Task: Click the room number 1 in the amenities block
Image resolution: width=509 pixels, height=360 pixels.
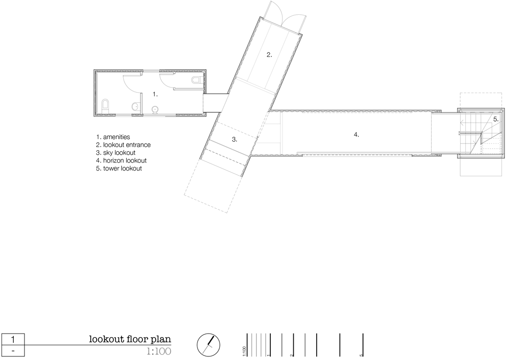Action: (x=155, y=95)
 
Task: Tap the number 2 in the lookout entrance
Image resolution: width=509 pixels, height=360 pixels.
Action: (x=269, y=55)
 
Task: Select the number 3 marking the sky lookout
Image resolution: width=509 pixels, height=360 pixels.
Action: (x=234, y=140)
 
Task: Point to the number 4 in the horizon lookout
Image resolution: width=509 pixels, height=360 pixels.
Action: (x=356, y=134)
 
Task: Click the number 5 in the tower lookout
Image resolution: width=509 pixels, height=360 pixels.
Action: (x=496, y=119)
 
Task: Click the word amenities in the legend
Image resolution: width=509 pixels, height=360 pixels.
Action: (x=117, y=137)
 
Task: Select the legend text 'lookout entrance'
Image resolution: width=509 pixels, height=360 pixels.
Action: (x=127, y=145)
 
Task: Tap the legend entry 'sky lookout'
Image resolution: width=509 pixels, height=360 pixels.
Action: (x=119, y=153)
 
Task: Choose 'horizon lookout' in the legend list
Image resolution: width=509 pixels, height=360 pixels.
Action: (x=125, y=160)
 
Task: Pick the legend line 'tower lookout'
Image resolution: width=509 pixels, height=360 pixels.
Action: (x=122, y=169)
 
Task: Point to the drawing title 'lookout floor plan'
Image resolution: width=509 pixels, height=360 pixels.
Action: (x=130, y=339)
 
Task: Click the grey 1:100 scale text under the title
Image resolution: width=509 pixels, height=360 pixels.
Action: (x=159, y=351)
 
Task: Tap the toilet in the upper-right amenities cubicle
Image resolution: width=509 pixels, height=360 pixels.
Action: (x=196, y=80)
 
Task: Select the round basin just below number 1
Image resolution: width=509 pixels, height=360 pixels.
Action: (x=155, y=109)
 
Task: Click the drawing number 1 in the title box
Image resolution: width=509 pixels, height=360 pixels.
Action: (x=13, y=340)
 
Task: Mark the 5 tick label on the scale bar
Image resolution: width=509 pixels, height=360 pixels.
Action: (x=361, y=355)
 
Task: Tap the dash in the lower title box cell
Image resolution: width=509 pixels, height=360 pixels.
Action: (x=13, y=351)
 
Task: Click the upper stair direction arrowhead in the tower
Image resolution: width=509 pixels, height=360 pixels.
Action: (x=461, y=123)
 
